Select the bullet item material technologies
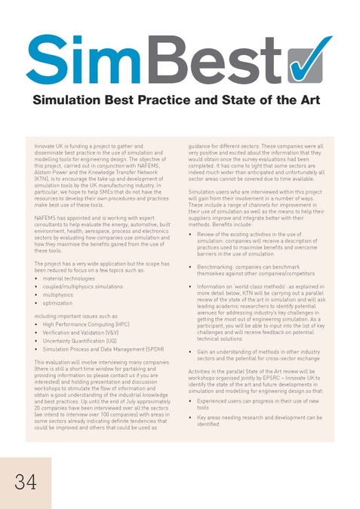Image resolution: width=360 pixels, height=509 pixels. [x=69, y=277]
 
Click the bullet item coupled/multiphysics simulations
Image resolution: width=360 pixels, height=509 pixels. [x=82, y=287]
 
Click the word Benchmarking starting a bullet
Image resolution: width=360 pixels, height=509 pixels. [x=214, y=266]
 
